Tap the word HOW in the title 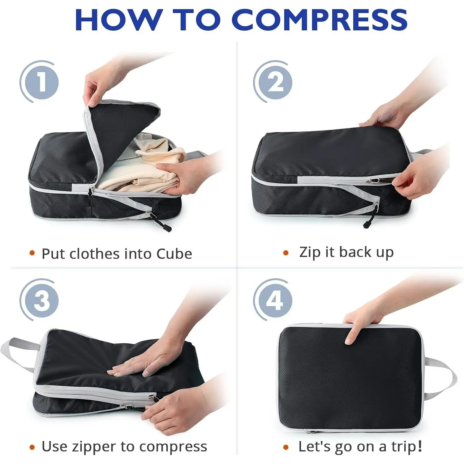point(119,19)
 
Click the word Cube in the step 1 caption point(174,254)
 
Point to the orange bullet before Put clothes point(32,253)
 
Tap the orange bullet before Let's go point(286,447)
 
